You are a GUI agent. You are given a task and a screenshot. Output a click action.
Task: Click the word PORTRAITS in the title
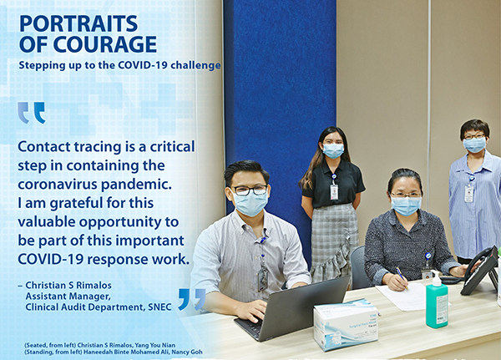78,23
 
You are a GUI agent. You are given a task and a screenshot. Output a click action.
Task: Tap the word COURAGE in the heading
105,43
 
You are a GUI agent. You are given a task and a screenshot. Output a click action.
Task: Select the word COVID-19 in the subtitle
143,65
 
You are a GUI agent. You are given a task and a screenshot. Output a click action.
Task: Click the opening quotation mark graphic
32,113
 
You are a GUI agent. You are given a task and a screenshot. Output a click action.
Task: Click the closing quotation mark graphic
192,299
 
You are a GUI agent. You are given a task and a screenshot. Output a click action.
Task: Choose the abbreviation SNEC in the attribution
159,307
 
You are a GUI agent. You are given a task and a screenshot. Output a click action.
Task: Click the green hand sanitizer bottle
437,300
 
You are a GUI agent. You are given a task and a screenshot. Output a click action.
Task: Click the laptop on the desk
292,309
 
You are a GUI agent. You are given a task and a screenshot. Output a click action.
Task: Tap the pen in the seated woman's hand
402,278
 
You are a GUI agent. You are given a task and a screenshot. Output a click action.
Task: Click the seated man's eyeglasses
250,190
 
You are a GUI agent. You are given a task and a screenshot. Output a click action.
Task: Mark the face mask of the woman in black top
333,150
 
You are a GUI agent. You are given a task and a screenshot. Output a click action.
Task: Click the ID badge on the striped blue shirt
468,194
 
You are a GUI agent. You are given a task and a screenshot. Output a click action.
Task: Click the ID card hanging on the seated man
263,278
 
